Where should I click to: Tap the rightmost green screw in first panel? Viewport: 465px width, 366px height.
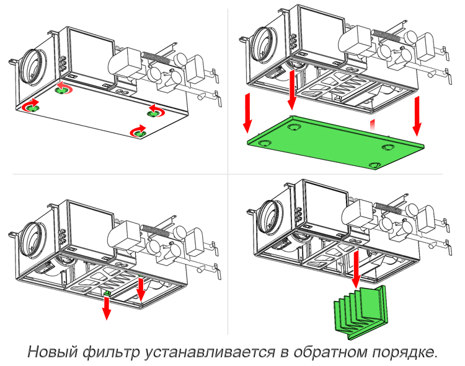(154, 112)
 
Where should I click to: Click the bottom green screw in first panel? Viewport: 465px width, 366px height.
(138, 132)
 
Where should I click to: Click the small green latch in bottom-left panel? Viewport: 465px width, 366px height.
(107, 292)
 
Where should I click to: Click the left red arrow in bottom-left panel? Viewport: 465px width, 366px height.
(107, 306)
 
